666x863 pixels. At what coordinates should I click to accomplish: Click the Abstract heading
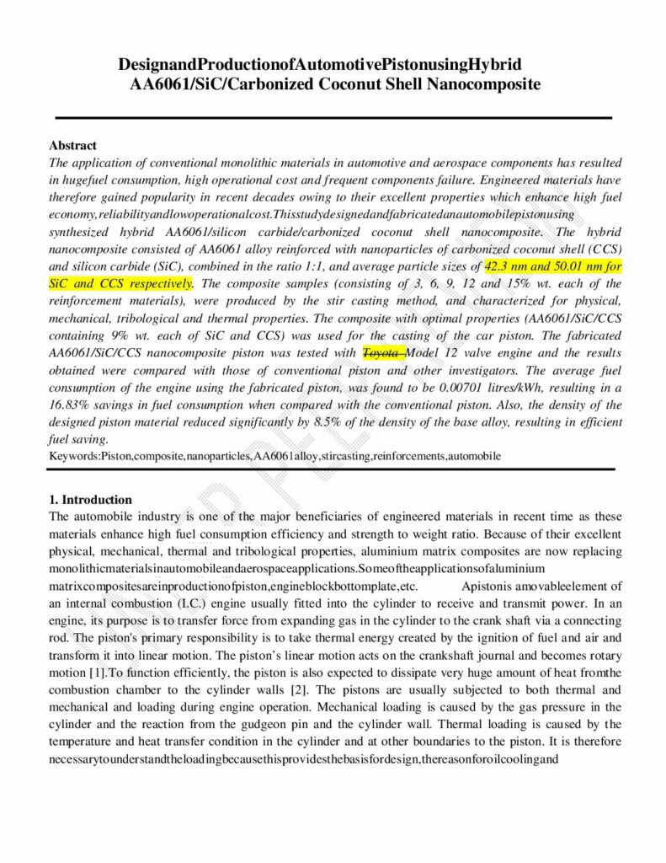point(72,146)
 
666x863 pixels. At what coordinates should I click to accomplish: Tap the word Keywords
point(74,456)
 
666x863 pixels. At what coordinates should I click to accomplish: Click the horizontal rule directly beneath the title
point(333,117)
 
